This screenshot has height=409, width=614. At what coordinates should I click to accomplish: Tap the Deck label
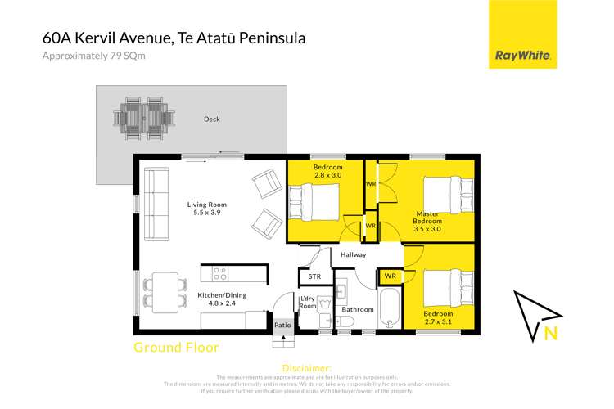click(211, 119)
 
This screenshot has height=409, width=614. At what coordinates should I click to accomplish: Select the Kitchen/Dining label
click(223, 295)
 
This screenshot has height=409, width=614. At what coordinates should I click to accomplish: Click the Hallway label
click(353, 254)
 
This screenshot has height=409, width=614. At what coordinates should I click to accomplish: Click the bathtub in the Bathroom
click(390, 306)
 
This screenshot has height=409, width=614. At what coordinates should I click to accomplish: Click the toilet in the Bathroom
click(345, 321)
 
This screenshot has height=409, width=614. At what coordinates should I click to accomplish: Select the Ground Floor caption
click(176, 348)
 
